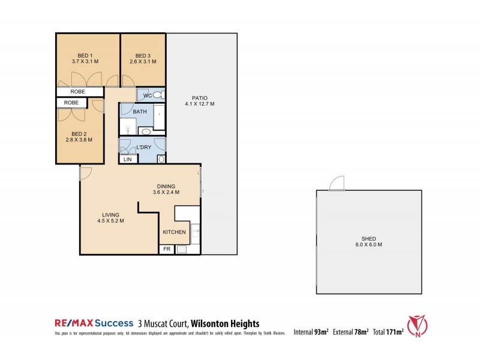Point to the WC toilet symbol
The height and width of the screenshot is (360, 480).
[157, 95]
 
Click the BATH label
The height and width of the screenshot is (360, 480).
[140, 112]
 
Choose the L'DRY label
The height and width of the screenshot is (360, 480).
[144, 148]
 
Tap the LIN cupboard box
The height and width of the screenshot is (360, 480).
[128, 160]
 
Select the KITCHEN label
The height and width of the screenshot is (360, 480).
[174, 232]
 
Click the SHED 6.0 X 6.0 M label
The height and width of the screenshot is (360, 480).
[368, 242]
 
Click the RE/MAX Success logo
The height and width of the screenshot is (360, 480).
[92, 323]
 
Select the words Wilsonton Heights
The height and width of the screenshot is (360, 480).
[225, 323]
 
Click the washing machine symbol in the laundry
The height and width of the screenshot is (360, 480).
[161, 159]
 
